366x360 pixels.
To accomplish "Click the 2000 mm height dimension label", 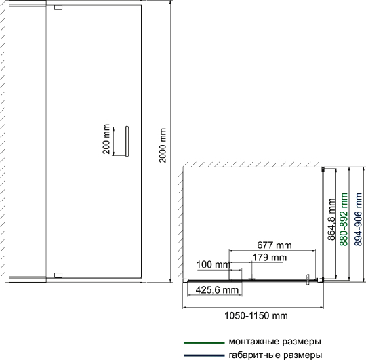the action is tap(163, 145).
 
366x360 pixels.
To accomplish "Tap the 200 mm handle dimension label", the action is tap(106, 139).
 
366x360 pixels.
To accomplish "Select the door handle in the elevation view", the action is tap(127, 142).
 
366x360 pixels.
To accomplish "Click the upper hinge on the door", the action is tap(58, 7).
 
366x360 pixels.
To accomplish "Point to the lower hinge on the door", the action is tap(58, 275).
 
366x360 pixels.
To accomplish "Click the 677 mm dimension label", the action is tap(274, 245).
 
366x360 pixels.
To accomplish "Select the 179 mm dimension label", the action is tap(270, 257).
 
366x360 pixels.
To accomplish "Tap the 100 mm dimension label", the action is tap(213, 264).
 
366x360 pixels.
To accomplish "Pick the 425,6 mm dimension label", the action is tap(217, 290).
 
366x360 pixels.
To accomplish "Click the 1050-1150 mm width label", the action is tap(256, 316).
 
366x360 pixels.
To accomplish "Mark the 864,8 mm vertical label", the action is tap(331, 219).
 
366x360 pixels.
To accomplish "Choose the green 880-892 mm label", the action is tap(344, 219).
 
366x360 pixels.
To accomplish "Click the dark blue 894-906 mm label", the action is tap(359, 219).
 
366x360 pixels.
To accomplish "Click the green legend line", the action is tap(204, 343).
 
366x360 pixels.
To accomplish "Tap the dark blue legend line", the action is tap(204, 355).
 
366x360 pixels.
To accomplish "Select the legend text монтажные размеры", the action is tap(275, 342).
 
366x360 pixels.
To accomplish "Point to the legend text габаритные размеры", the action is tap(275, 355).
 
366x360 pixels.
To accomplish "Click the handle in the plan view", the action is tap(308, 280).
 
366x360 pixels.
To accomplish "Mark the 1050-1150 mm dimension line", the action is tap(253, 308).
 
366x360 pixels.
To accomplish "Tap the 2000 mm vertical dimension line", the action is tap(171, 141).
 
